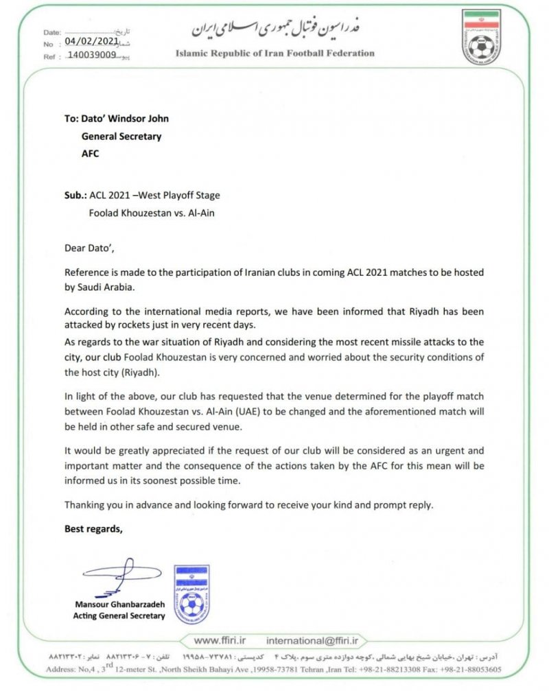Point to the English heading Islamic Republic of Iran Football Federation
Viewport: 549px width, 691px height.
point(275,53)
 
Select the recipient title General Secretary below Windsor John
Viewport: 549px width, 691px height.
point(121,136)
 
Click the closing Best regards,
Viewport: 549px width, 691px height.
point(93,528)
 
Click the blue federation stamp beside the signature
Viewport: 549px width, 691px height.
point(192,594)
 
